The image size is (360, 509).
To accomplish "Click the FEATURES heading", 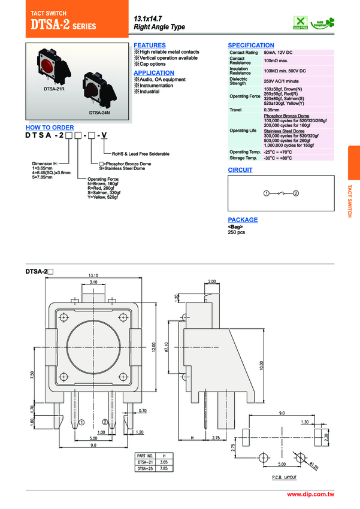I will pyautogui.click(x=150, y=46).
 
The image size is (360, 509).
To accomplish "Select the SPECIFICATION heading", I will pyautogui.click(x=251, y=46).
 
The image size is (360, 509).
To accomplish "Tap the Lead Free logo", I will pyautogui.click(x=300, y=22).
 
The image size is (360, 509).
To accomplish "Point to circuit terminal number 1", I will pyautogui.click(x=266, y=193).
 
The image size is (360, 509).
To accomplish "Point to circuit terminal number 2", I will pyautogui.click(x=295, y=193).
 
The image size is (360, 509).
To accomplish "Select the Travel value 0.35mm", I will pyautogui.click(x=272, y=110).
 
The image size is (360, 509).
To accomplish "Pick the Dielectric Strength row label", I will pyautogui.click(x=238, y=81).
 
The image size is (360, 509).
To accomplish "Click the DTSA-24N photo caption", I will pyautogui.click(x=99, y=112).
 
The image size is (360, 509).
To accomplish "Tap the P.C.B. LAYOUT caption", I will pyautogui.click(x=279, y=477).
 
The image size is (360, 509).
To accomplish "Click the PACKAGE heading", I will pyautogui.click(x=243, y=220).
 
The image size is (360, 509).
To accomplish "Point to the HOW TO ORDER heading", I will pyautogui.click(x=50, y=128).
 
